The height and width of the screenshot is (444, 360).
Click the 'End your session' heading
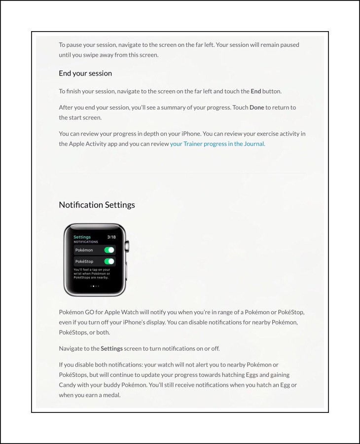click(x=85, y=73)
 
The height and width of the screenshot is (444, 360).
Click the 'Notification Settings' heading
click(x=97, y=205)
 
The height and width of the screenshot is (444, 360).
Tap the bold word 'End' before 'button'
click(x=255, y=91)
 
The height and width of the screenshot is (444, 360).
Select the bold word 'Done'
click(x=256, y=107)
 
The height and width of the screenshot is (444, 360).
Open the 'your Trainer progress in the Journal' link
click(x=217, y=144)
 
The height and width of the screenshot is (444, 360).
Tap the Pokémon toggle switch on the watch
click(x=109, y=250)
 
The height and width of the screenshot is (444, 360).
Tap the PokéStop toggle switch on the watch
click(x=109, y=261)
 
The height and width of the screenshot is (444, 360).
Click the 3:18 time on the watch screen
click(x=111, y=237)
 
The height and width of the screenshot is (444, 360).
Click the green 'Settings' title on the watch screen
click(x=82, y=237)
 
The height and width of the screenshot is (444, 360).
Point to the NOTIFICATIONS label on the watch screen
click(x=86, y=242)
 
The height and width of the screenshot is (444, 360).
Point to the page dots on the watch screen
click(x=95, y=286)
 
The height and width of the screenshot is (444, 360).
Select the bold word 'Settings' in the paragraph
click(x=111, y=348)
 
